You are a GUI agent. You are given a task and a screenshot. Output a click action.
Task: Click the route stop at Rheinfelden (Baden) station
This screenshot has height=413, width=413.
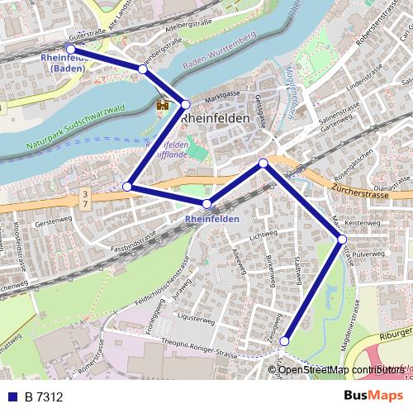click(x=70, y=50)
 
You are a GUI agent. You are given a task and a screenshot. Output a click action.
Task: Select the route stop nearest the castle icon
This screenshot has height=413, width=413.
click(x=186, y=104)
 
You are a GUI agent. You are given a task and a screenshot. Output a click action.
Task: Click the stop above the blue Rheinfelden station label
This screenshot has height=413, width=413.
click(x=206, y=203)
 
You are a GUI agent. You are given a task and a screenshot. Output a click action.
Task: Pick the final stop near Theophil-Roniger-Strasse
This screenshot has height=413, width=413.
click(x=284, y=340)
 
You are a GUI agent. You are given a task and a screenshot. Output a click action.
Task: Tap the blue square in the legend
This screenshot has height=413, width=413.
click(x=12, y=397)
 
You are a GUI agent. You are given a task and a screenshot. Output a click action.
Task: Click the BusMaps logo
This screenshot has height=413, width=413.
click(x=373, y=396)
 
